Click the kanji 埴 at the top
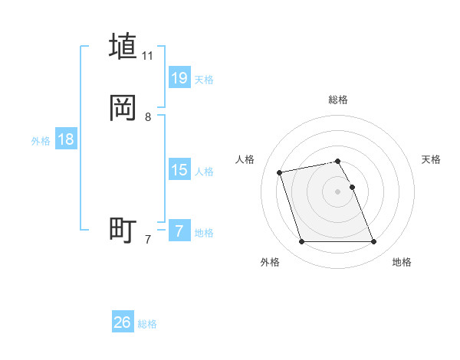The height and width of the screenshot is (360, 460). click(x=123, y=46)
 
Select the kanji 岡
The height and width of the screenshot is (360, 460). click(x=123, y=108)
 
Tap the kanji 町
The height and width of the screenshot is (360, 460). click(x=123, y=230)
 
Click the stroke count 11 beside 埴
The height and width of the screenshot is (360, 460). click(x=147, y=56)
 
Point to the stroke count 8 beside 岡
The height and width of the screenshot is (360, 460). click(x=148, y=118)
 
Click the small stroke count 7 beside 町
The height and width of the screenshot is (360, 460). click(x=148, y=240)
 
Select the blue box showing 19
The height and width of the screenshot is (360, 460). click(x=179, y=77)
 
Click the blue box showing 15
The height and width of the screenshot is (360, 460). click(x=179, y=170)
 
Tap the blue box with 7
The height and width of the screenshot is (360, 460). click(x=179, y=231)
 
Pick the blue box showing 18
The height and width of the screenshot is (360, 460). click(x=66, y=139)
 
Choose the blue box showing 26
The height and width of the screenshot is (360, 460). click(x=123, y=322)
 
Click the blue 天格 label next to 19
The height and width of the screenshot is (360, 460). click(x=204, y=80)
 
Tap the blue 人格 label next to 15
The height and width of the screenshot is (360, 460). click(x=204, y=172)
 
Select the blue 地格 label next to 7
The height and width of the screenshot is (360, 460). click(x=204, y=233)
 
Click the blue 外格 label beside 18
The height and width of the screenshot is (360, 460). click(x=41, y=141)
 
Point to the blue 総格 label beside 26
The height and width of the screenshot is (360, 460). click(x=147, y=324)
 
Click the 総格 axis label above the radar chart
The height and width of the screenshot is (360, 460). click(x=338, y=100)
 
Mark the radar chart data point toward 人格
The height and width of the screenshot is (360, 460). click(x=280, y=172)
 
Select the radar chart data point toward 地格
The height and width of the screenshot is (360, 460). click(x=373, y=242)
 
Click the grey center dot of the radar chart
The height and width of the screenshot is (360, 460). click(x=338, y=191)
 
